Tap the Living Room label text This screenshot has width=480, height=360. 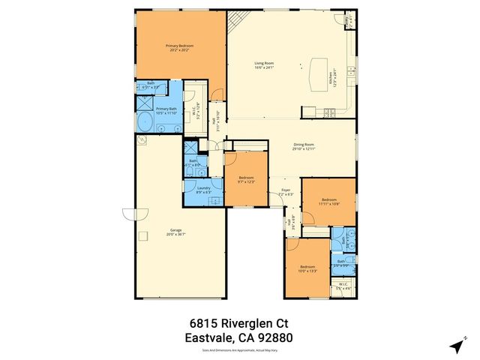pos(263,66)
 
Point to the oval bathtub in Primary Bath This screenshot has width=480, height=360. pos(144,122)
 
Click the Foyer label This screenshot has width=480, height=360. pos(286,190)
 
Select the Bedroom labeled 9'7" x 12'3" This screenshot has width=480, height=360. pos(247,180)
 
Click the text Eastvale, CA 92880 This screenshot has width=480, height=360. pos(238,337)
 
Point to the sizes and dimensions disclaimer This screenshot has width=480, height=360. pos(238,349)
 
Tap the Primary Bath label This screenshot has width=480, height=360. pos(166,109)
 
